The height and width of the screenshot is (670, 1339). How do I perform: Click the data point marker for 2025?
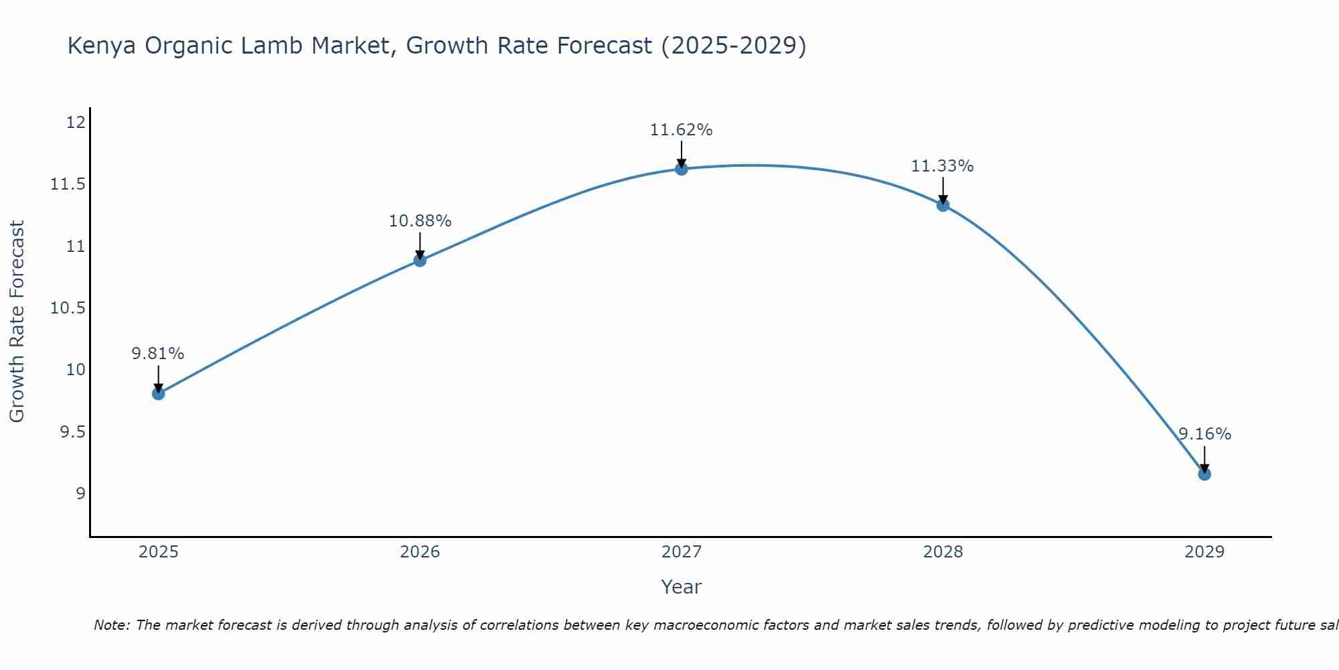tap(159, 393)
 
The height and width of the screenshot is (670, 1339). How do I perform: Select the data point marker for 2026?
tap(420, 260)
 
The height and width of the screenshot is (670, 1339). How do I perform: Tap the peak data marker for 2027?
tap(682, 169)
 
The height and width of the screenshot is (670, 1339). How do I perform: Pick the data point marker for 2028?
tap(943, 205)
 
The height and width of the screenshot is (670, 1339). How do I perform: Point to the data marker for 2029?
tap(1204, 474)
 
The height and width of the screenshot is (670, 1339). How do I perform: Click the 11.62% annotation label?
tap(682, 130)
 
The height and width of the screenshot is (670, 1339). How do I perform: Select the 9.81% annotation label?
tap(158, 354)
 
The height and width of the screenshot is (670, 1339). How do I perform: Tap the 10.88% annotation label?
tap(420, 220)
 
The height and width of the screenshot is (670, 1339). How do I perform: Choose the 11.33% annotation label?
tap(943, 166)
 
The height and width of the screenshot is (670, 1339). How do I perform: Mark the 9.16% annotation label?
tap(1204, 434)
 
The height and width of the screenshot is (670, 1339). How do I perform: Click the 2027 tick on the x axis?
tap(682, 552)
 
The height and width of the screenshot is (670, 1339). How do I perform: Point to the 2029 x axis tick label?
tap(1204, 552)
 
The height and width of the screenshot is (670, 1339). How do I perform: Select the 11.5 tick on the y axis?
tap(68, 184)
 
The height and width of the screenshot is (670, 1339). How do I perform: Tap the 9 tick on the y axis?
tap(81, 494)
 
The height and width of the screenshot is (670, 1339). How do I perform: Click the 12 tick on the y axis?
tap(76, 123)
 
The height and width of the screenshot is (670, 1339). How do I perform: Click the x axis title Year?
tap(682, 587)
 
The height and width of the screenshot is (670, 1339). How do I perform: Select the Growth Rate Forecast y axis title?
tap(17, 321)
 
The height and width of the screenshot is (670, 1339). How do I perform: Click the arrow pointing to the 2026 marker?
tap(420, 246)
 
